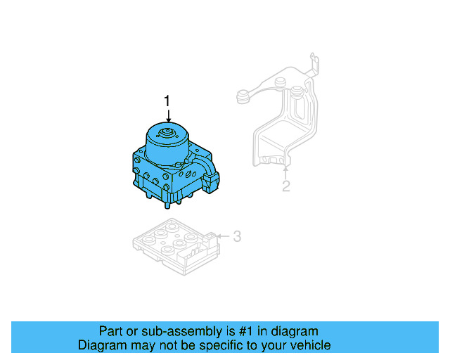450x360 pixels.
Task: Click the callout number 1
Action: click(x=167, y=101)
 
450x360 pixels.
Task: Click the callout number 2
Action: click(x=286, y=186)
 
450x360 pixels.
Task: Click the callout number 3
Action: click(x=237, y=236)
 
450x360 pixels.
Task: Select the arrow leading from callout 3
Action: click(x=223, y=236)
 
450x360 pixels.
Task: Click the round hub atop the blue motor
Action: click(x=167, y=134)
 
